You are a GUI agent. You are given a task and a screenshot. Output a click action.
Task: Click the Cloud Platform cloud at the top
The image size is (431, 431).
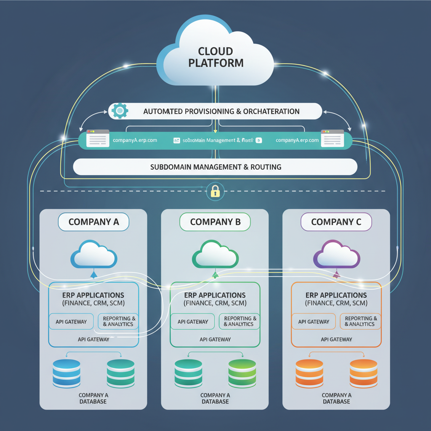(215, 55)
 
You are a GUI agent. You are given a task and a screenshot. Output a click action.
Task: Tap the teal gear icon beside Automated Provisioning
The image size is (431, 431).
(120, 111)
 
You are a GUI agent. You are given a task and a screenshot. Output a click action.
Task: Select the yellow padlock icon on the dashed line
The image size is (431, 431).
(215, 192)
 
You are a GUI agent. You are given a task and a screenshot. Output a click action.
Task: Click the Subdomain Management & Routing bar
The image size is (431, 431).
(215, 167)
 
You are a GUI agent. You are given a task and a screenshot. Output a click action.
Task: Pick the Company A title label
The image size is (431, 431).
(93, 222)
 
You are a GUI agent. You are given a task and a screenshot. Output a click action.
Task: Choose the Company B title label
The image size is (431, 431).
(215, 222)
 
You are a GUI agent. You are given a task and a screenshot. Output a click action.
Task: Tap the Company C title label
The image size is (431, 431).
(336, 222)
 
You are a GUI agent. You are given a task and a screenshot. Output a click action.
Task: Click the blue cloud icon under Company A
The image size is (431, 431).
(93, 255)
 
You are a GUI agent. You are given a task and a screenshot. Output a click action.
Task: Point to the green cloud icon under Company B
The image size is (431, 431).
(215, 255)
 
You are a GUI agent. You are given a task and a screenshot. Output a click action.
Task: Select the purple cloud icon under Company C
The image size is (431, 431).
(336, 255)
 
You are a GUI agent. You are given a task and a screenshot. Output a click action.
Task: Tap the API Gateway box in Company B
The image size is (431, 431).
(193, 322)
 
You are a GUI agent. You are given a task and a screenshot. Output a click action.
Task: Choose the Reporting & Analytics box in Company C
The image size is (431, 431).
(360, 322)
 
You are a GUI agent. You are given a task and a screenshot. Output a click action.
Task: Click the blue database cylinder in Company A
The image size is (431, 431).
(67, 373)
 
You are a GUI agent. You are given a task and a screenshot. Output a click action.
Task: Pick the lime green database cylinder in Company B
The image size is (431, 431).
(242, 373)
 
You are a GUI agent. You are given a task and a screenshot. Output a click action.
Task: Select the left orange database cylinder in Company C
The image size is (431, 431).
(309, 373)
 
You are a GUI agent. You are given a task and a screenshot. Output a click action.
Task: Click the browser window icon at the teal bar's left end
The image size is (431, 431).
(98, 138)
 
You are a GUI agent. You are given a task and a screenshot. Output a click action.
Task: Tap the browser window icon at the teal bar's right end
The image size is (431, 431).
(333, 138)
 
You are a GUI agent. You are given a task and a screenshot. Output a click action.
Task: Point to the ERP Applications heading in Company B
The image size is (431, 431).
(215, 295)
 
